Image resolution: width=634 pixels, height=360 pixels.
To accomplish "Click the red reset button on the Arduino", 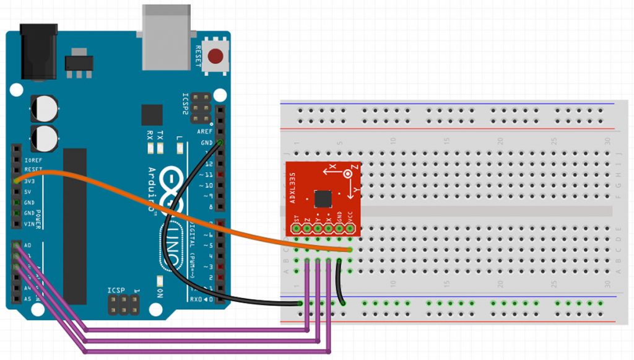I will pyautogui.click(x=215, y=56).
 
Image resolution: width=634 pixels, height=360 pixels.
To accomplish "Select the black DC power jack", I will pyautogui.click(x=38, y=52).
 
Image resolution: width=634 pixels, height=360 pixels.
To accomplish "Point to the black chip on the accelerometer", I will pyautogui.click(x=323, y=199).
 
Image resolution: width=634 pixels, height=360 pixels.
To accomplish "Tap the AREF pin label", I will pyautogui.click(x=204, y=132).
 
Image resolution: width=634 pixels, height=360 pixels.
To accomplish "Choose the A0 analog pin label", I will pyautogui.click(x=28, y=245).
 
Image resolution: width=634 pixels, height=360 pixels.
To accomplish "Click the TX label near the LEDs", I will pyautogui.click(x=160, y=135).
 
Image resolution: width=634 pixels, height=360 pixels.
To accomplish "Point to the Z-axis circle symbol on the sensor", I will pyautogui.click(x=348, y=175).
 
